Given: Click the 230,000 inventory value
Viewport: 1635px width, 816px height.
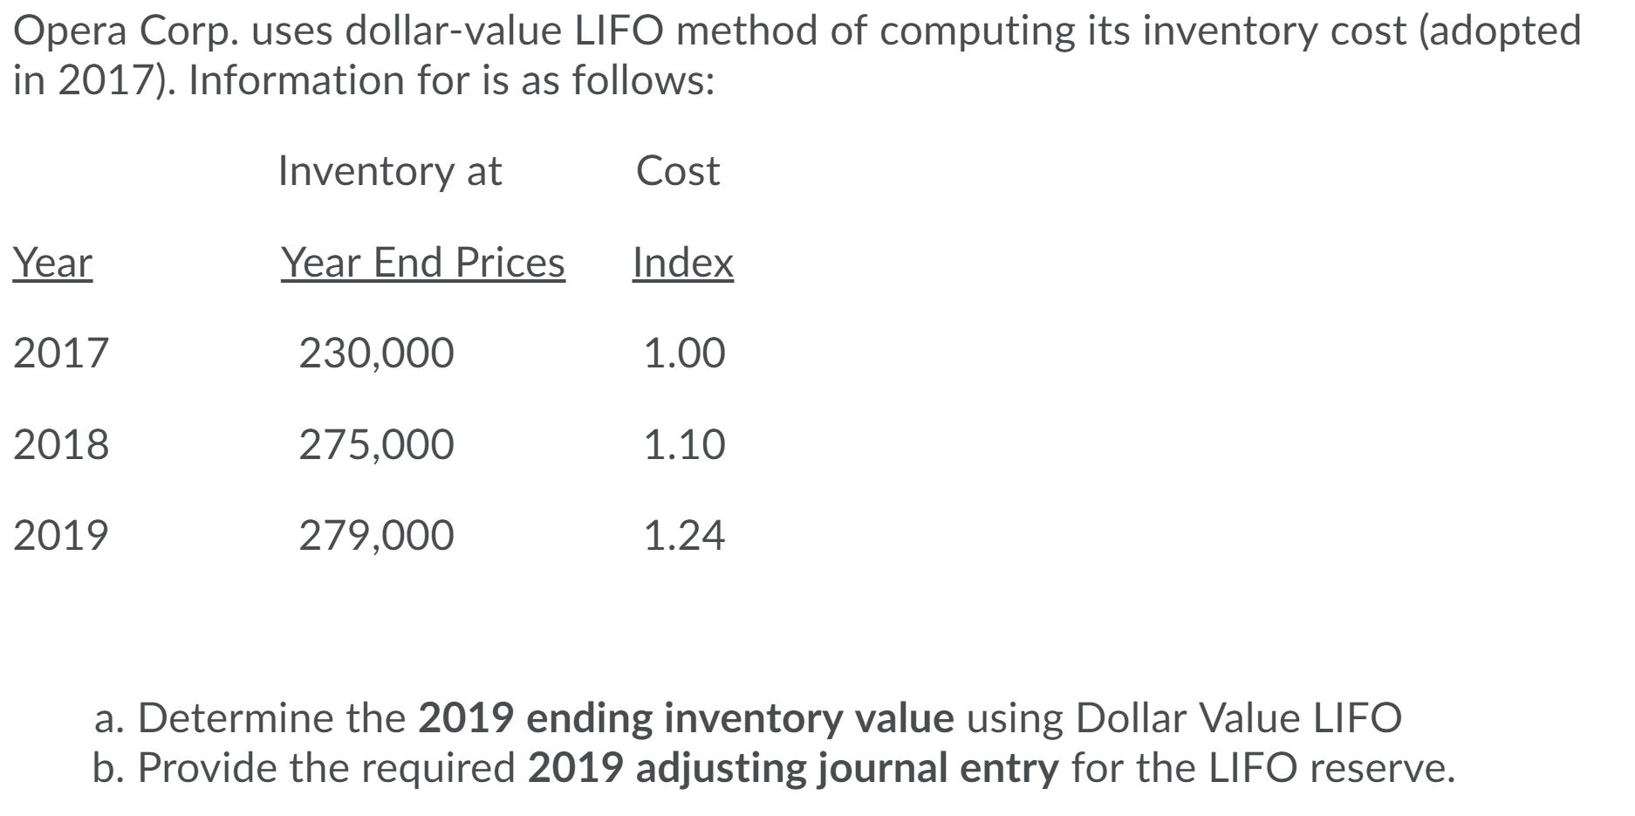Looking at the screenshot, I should point(376,353).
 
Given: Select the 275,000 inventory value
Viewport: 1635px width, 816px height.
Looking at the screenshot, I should point(376,444).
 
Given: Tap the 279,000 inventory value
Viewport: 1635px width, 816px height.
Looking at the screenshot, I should point(376,535).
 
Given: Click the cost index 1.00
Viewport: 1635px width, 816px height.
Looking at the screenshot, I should point(684,353).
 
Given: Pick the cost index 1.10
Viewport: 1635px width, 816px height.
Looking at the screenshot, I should point(684,444).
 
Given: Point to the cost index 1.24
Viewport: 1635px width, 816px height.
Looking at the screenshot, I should point(684,535).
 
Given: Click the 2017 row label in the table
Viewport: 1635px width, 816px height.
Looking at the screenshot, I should point(61,353).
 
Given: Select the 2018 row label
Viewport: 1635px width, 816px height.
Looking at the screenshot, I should point(61,444).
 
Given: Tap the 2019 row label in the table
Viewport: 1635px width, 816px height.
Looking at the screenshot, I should point(61,535).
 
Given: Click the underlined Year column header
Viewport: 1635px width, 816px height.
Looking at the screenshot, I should point(52,263).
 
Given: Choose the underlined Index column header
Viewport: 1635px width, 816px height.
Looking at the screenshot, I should point(683,263).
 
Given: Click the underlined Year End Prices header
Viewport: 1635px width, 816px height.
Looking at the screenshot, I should point(423,263).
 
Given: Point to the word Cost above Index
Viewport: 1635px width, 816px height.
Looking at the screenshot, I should point(678,171).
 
